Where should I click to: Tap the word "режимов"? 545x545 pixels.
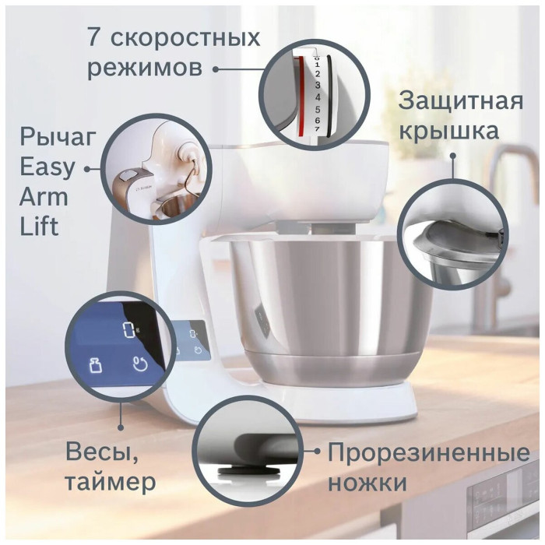pos(145,69)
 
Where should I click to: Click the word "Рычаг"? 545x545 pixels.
pos(58,137)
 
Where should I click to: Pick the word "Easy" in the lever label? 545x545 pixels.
pos(47,167)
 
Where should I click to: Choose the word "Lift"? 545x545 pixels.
pos(39,227)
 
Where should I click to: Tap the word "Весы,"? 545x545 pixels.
pos(101,452)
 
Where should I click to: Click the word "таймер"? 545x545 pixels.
pos(111,482)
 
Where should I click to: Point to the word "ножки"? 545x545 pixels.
pos(367,483)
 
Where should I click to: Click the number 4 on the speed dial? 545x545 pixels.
pos(318,97)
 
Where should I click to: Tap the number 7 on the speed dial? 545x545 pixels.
pos(317,129)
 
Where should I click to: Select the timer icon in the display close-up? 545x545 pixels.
pos(140,364)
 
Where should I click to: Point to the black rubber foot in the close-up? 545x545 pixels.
pos(248,472)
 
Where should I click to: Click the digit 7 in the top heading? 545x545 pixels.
pos(94,37)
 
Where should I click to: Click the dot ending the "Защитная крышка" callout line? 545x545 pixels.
pos(453,156)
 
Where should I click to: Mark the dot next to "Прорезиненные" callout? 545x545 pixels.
pos(317,451)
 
